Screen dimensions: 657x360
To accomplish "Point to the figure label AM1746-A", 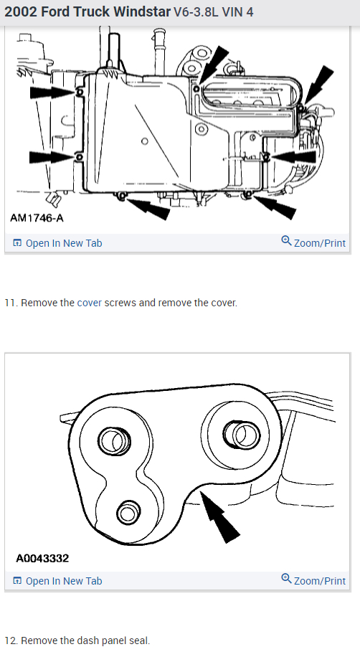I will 36,217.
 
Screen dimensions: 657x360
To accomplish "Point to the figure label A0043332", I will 42,557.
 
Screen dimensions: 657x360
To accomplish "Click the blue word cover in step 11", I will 89,303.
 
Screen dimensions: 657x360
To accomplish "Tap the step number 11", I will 10,303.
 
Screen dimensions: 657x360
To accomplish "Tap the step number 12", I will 10,641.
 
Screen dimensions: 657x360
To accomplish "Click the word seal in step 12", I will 141,641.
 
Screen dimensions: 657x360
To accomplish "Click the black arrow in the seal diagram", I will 220,519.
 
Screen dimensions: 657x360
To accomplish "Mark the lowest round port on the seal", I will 128,512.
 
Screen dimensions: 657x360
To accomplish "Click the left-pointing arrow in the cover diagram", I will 293,156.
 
